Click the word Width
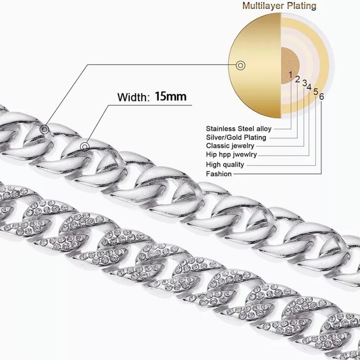[132, 97]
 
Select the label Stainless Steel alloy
[238, 128]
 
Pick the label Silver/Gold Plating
[236, 137]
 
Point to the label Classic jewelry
[230, 146]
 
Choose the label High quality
[225, 164]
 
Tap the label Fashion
[219, 173]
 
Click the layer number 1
[291, 73]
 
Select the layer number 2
[297, 79]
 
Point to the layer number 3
[305, 84]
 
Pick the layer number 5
[315, 91]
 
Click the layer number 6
[321, 95]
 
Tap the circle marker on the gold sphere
[241, 66]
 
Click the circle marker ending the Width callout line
[85, 146]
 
